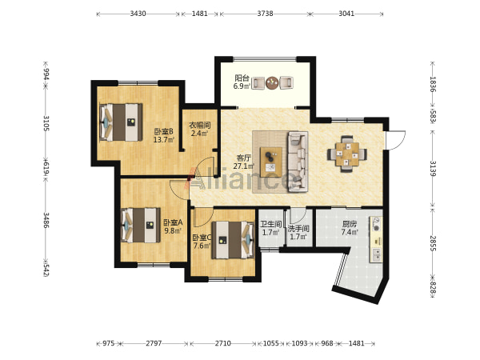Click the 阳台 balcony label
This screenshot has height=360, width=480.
pyautogui.click(x=242, y=78)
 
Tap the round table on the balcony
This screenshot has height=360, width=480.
pyautogui.click(x=272, y=82)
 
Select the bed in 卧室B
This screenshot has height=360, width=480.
pyautogui.click(x=122, y=122)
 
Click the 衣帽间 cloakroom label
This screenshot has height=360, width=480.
pyautogui.click(x=199, y=126)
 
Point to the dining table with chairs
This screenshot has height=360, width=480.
pyautogui.click(x=347, y=154)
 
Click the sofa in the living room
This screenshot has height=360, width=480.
pyautogui.click(x=298, y=162)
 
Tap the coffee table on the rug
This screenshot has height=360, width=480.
pyautogui.click(x=271, y=162)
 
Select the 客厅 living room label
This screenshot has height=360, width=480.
pyautogui.click(x=244, y=158)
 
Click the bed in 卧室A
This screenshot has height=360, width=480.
pyautogui.click(x=141, y=225)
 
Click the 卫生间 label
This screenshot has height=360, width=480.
pyautogui.click(x=270, y=224)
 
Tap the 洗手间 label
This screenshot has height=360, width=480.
pyautogui.click(x=298, y=229)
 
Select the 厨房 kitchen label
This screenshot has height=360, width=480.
pyautogui.click(x=350, y=224)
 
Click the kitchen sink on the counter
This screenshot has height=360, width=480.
pyautogui.click(x=377, y=255)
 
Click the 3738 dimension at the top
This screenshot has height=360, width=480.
pyautogui.click(x=265, y=14)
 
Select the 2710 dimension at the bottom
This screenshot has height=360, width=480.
pyautogui.click(x=222, y=343)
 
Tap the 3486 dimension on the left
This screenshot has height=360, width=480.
pyautogui.click(x=46, y=221)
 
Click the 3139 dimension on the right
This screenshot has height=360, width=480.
pyautogui.click(x=433, y=169)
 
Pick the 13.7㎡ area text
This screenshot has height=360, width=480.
pyautogui.click(x=164, y=140)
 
